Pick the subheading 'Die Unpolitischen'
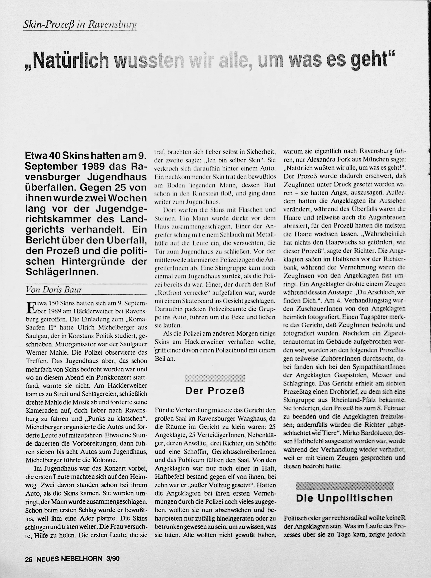tap(344, 498)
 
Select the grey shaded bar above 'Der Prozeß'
tap(215, 378)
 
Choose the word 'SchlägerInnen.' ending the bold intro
tap(62, 272)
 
